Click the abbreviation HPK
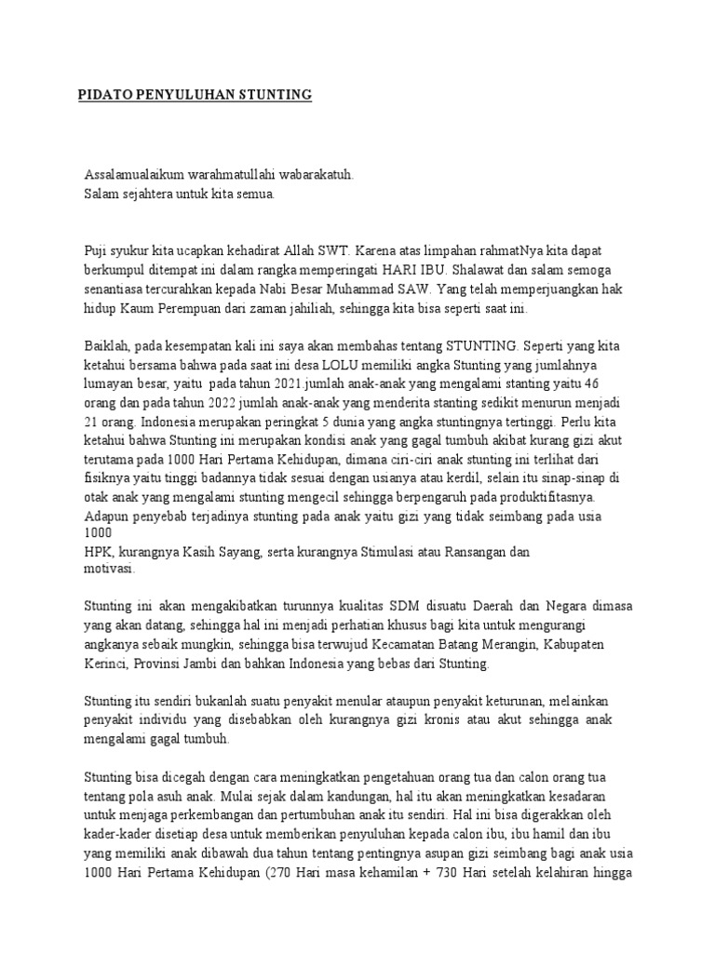click(x=97, y=552)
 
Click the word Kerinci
click(x=106, y=664)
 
